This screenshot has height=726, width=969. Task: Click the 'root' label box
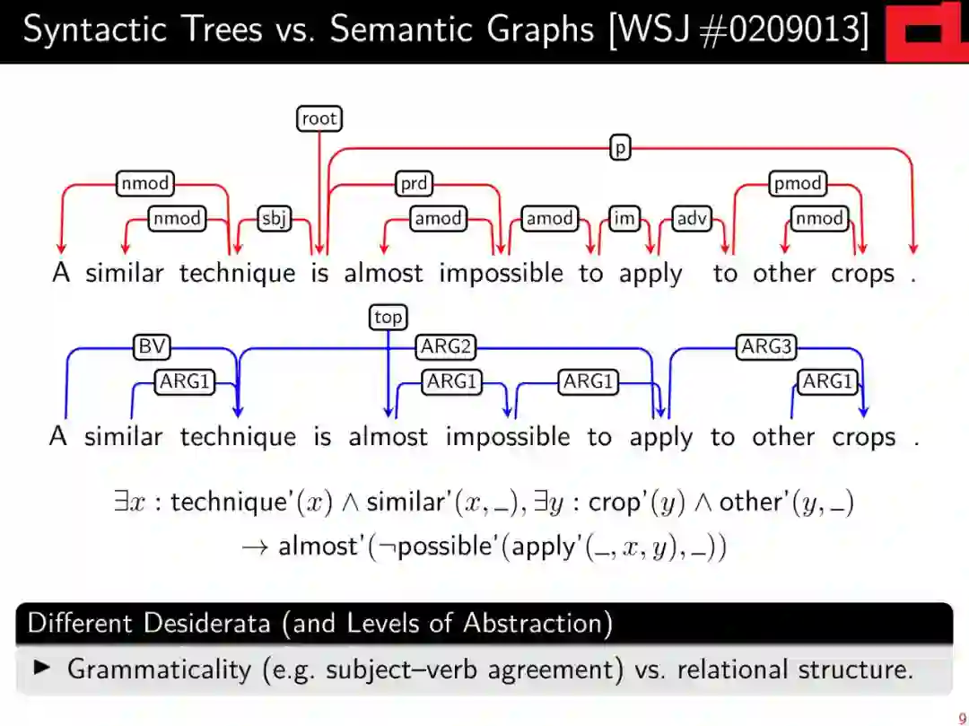319,118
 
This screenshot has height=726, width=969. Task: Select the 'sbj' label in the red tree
275,218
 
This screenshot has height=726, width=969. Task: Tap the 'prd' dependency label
414,184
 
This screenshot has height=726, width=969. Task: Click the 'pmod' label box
798,184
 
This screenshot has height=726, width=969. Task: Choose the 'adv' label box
692,218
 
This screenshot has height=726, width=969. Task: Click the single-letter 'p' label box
620,147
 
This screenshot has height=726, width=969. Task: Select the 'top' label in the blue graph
388,317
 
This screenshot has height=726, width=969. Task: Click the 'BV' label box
151,347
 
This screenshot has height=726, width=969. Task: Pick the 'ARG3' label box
766,347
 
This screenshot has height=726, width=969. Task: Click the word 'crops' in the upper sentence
862,274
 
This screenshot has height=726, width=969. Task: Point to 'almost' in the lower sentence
388,437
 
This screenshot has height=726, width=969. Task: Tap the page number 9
962,718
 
